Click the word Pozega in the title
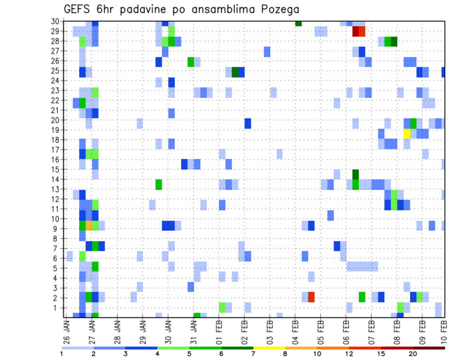coord(278,9)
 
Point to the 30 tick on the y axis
coord(56,21)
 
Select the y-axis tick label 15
coord(56,169)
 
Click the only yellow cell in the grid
coord(407,133)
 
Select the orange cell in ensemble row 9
coord(89,225)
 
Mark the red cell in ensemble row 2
coord(311,296)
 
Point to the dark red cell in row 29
coord(355,32)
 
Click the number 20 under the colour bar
coord(413,353)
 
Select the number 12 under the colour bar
coord(349,353)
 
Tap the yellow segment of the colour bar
coord(269,347)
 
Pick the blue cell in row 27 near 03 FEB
coord(267,51)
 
